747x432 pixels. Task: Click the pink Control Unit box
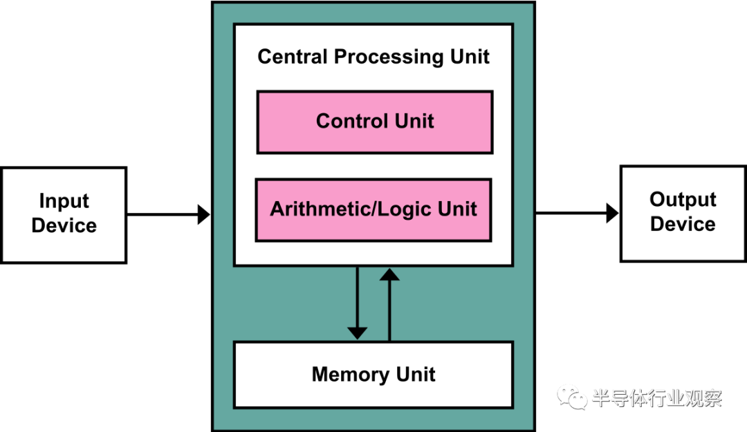point(375,122)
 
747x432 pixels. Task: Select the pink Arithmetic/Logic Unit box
point(373,210)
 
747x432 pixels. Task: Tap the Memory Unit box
point(373,375)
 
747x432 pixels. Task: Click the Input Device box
point(64,215)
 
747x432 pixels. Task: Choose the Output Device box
point(683,214)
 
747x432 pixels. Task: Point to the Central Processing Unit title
point(373,57)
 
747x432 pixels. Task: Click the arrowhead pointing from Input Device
point(204,214)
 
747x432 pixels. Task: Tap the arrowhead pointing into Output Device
point(612,213)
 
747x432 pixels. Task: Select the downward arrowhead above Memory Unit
point(358,333)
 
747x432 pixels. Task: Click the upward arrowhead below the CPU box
point(389,274)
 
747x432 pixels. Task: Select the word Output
point(683,200)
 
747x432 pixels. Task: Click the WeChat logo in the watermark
point(572,397)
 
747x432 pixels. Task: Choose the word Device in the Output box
point(683,224)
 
